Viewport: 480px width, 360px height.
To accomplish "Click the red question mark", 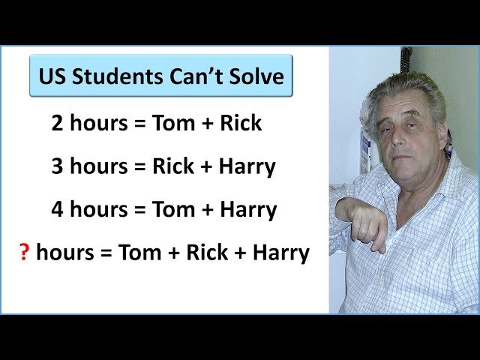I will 24,253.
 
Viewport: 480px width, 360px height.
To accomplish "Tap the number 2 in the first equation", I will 58,123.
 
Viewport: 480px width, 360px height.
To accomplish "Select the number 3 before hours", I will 58,166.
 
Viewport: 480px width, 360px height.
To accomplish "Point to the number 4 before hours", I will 58,210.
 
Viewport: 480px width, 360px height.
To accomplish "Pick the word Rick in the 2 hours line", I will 241,123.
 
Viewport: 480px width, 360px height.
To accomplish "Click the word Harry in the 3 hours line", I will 247,166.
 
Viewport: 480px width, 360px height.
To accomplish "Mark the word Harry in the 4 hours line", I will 247,210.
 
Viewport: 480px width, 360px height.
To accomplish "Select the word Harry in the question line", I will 280,253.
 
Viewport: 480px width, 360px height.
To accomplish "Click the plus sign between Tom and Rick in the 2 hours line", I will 206,124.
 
